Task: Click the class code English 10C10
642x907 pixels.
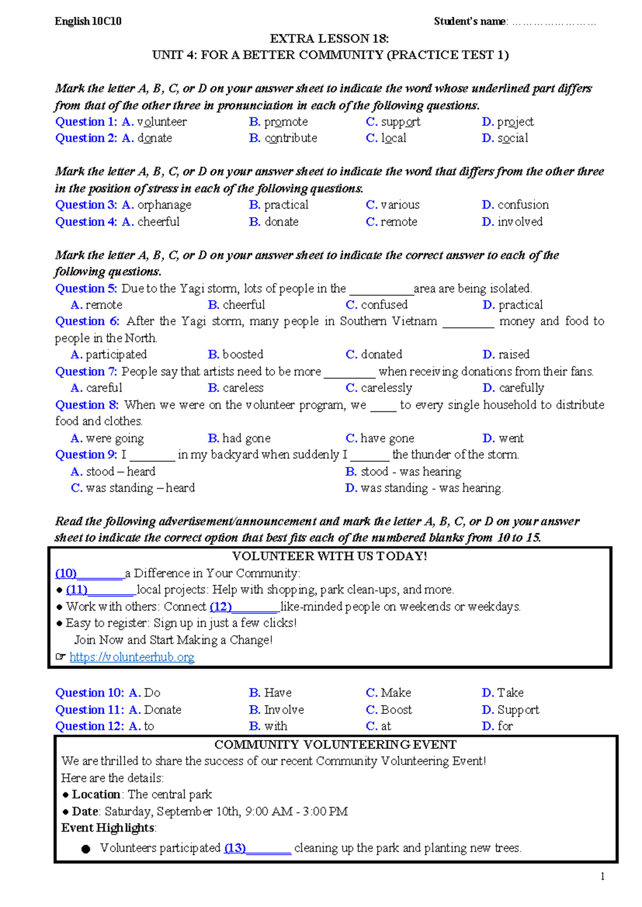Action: pos(88,21)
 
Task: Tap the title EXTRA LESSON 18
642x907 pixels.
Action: pos(329,39)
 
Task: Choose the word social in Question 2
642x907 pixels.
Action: pos(513,139)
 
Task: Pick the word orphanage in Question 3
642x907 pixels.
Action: pos(164,205)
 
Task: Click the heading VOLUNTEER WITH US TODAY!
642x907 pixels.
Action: pos(330,556)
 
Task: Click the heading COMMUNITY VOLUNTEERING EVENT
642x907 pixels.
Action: pos(335,745)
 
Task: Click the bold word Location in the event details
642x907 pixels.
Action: pos(96,795)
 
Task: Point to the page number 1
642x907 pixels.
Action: pos(602,876)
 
